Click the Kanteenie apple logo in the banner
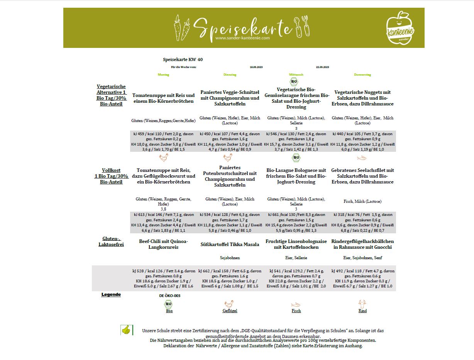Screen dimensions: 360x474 [400, 27]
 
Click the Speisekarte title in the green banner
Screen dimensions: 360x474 [242, 27]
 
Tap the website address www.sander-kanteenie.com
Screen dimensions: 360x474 [242, 38]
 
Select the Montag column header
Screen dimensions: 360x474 [163, 75]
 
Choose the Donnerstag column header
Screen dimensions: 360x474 [362, 75]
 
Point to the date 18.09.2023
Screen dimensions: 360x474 [256, 67]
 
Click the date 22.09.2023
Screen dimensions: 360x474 [322, 67]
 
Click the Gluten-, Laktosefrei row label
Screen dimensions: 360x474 [111, 241]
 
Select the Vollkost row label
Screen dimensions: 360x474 [111, 176]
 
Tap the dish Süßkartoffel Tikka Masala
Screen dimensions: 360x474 [230, 244]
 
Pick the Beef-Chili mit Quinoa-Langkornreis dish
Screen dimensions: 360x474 [163, 244]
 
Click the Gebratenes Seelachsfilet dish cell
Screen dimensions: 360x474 [362, 176]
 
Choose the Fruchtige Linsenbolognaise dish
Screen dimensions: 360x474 [296, 244]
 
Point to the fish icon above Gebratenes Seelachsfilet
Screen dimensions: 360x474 [362, 158]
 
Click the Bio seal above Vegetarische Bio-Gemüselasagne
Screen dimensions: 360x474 [294, 82]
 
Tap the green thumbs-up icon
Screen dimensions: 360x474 [126, 330]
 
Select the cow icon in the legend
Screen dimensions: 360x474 [362, 304]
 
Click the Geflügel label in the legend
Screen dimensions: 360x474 [230, 311]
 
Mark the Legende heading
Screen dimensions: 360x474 [111, 295]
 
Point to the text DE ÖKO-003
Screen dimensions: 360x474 [169, 295]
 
